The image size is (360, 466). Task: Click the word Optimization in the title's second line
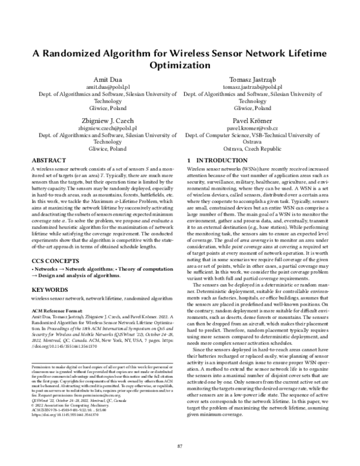[x=179, y=64]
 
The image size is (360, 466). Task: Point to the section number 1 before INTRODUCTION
[x=190, y=161]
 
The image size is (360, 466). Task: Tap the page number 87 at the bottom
[x=179, y=445]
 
